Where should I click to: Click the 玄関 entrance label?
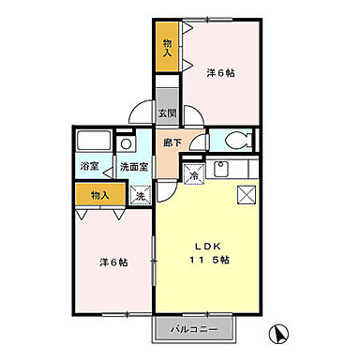[x=167, y=113]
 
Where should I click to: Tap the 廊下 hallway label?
[x=172, y=142]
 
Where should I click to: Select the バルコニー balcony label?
[x=194, y=331]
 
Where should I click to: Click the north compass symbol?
[x=279, y=332]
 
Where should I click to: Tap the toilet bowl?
[x=236, y=142]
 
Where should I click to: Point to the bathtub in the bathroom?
[x=93, y=144]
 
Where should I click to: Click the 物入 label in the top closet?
[x=167, y=47]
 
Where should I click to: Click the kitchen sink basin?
[x=223, y=170]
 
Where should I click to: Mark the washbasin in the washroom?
[x=126, y=144]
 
